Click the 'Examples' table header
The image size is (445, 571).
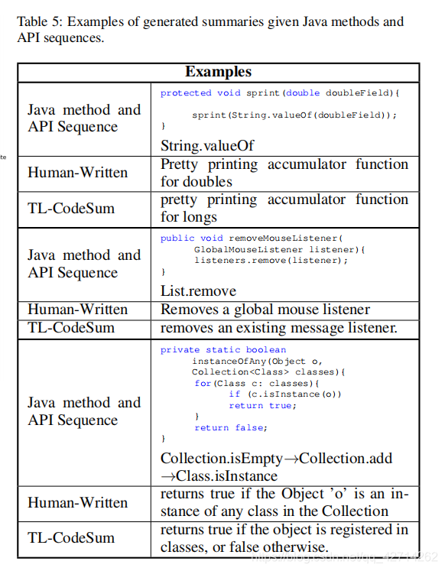coord(218,72)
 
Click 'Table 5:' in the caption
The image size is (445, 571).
coord(40,21)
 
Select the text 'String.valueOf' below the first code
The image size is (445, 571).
coord(206,145)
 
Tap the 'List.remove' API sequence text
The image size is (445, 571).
coord(198,290)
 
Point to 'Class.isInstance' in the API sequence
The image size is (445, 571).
coord(219,475)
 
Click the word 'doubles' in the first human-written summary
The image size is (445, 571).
coord(206,182)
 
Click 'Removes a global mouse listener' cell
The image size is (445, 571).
coord(265,310)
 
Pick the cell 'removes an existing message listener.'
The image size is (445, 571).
coord(278,328)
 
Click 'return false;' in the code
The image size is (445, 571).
coord(229,428)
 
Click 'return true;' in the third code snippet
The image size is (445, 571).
coord(262,405)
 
